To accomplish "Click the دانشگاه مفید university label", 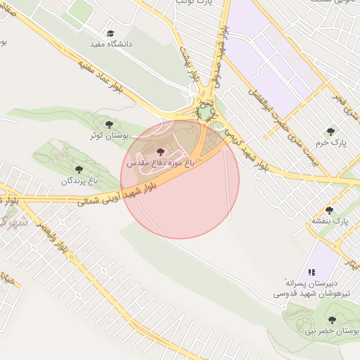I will (x=111, y=44).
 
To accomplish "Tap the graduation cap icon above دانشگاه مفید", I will (x=110, y=33).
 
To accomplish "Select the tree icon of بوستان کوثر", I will (x=108, y=124).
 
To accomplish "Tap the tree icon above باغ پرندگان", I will (x=79, y=169).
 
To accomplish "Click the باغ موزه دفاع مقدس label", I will (x=160, y=162).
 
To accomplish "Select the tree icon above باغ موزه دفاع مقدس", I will (x=160, y=151).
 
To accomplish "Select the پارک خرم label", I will (x=330, y=142).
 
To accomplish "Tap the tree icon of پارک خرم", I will (x=330, y=131).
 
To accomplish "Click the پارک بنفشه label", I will (x=330, y=221).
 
